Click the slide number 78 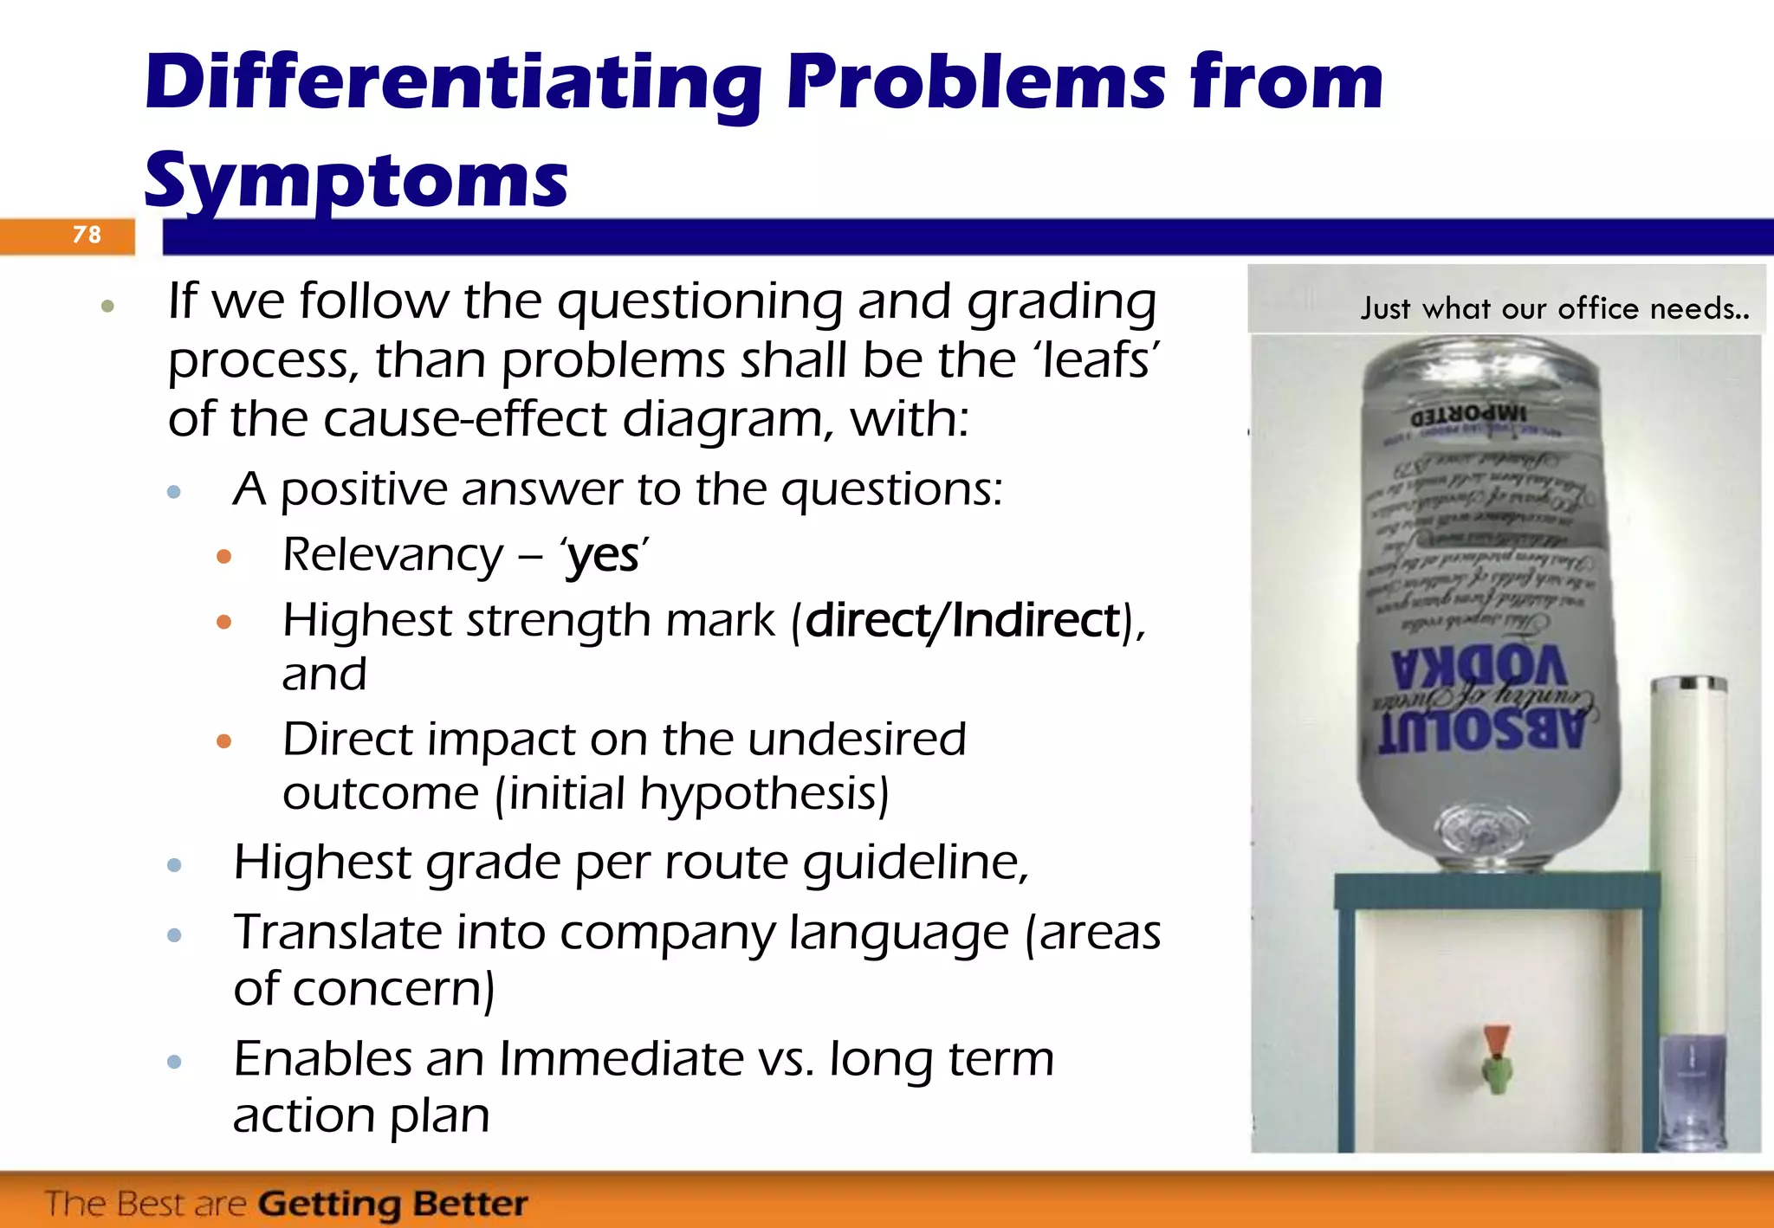pos(87,235)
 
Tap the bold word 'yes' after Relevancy pos(603,555)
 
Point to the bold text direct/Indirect pos(962,621)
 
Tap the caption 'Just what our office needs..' pos(1554,309)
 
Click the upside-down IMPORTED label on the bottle pos(1469,413)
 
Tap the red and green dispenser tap pos(1496,1057)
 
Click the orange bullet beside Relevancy pos(224,556)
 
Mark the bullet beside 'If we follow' pos(107,305)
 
